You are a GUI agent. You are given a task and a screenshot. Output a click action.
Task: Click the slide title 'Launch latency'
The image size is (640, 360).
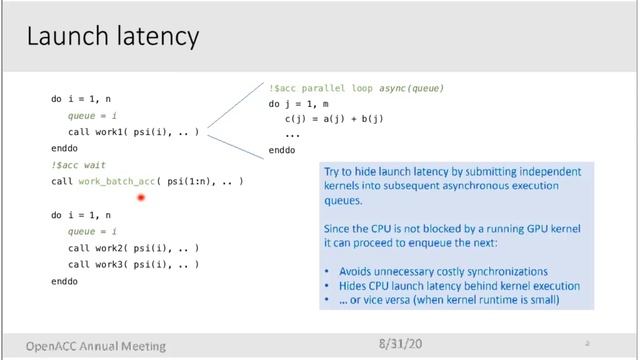pyautogui.click(x=112, y=38)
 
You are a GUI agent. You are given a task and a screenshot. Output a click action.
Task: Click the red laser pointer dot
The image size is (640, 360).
pyautogui.click(x=141, y=198)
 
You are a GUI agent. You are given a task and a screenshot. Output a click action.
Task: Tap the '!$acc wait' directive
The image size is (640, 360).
pyautogui.click(x=78, y=164)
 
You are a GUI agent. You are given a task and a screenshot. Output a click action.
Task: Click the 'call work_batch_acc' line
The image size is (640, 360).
pyautogui.click(x=147, y=181)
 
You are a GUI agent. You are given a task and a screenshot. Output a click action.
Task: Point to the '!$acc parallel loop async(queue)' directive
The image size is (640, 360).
pyautogui.click(x=355, y=88)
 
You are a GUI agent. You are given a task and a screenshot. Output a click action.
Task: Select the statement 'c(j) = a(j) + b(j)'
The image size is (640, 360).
pyautogui.click(x=334, y=119)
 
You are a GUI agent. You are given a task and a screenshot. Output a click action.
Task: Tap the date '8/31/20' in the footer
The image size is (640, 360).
pyautogui.click(x=401, y=343)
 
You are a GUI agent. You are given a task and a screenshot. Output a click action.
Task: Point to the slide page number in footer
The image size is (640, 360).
pyautogui.click(x=587, y=343)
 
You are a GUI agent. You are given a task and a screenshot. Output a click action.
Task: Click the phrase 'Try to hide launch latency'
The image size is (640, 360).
pyautogui.click(x=396, y=172)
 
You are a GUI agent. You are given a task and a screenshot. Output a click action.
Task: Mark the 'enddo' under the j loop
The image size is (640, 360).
pyautogui.click(x=282, y=150)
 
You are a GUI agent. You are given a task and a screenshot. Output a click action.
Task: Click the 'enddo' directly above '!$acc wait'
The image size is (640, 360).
pyautogui.click(x=64, y=148)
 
